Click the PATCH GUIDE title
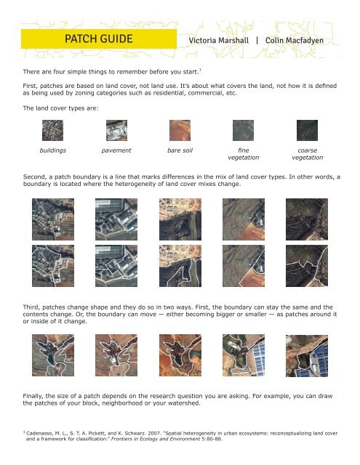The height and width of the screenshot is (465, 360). (x=98, y=38)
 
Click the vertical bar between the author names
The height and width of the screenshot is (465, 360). (x=256, y=41)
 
